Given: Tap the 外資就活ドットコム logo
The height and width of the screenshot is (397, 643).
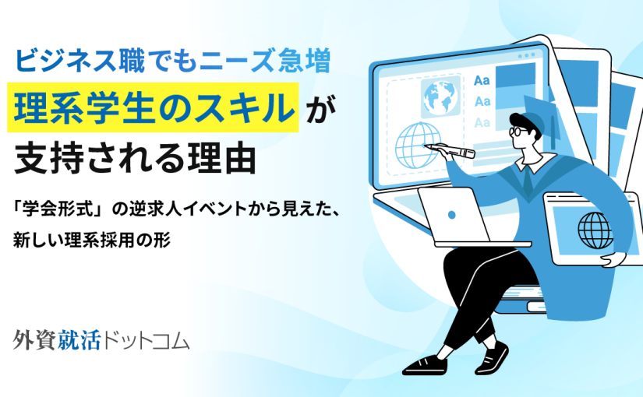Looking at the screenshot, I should click(101, 340).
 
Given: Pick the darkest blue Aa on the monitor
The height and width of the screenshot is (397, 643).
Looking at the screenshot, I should click(482, 80).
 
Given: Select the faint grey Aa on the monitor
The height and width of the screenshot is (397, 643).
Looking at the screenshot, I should click(482, 122).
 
